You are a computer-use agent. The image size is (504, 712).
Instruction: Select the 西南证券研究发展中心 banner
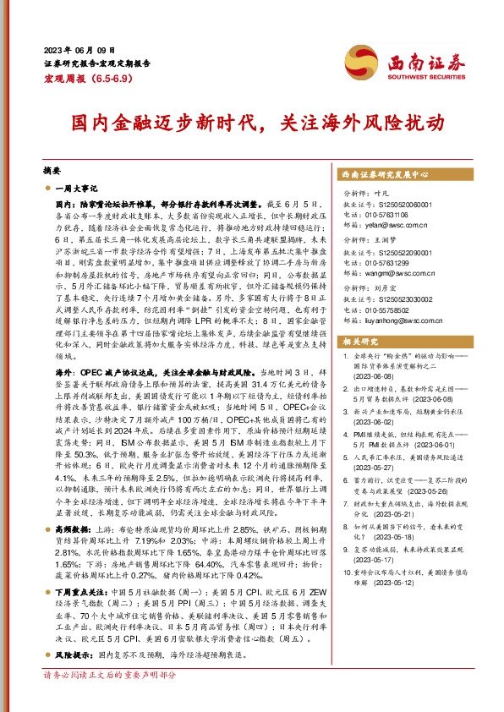390,174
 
